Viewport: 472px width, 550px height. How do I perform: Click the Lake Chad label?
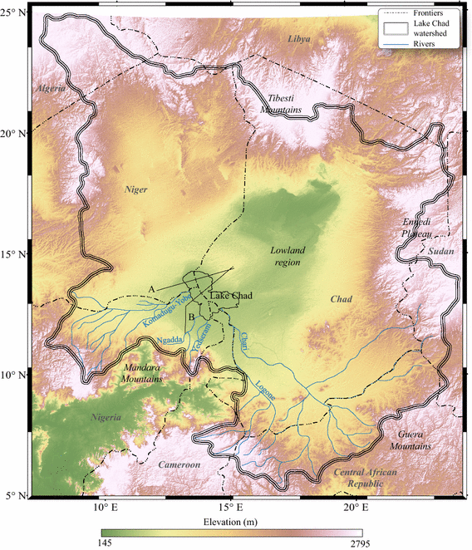[231, 296]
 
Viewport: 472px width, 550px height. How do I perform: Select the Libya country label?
[297, 39]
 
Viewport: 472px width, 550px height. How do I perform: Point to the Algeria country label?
[49, 87]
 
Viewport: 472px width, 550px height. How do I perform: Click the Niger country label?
[135, 189]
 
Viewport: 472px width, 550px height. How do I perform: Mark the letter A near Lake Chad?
[151, 287]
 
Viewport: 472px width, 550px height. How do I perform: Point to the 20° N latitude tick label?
[15, 133]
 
